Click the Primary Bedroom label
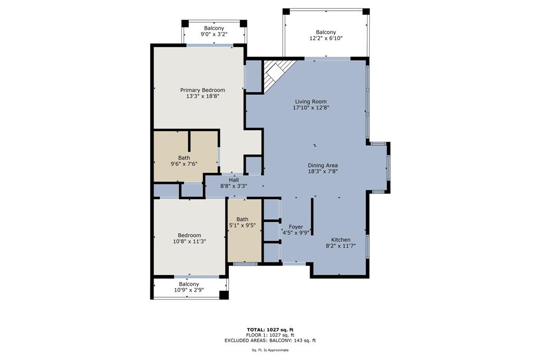click(x=202, y=90)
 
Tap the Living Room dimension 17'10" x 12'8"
click(x=311, y=108)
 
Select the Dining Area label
click(x=323, y=165)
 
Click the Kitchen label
click(x=341, y=240)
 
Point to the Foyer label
click(x=296, y=227)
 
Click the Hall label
click(x=234, y=180)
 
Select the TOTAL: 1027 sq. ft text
click(x=269, y=329)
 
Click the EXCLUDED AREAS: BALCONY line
click(x=269, y=340)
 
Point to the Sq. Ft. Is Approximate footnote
click(x=269, y=350)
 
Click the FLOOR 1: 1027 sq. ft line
click(x=269, y=335)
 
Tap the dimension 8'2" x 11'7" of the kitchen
click(x=341, y=246)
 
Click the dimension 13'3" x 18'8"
click(x=202, y=96)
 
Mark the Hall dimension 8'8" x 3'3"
click(x=234, y=186)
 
